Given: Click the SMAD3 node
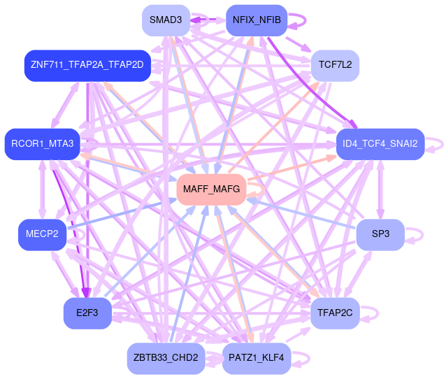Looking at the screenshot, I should pos(166,20).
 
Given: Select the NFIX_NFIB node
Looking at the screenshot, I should pos(256,20).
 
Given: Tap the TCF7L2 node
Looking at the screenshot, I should pos(335,65).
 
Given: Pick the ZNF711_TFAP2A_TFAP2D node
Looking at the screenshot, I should pos(87,65).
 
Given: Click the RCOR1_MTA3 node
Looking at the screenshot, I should pos(43,144).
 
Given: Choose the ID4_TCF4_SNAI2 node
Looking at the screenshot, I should pos(380,144).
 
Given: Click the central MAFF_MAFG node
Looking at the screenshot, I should pos(211,189).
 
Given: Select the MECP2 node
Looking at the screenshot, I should pos(43,234).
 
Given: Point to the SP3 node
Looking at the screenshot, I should pos(380,234).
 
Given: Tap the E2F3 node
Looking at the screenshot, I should pos(87,313).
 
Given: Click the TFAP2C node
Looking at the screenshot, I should pos(335,313).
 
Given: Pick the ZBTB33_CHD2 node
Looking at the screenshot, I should pos(166,358).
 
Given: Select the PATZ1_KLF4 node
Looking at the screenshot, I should pos(256,358).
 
